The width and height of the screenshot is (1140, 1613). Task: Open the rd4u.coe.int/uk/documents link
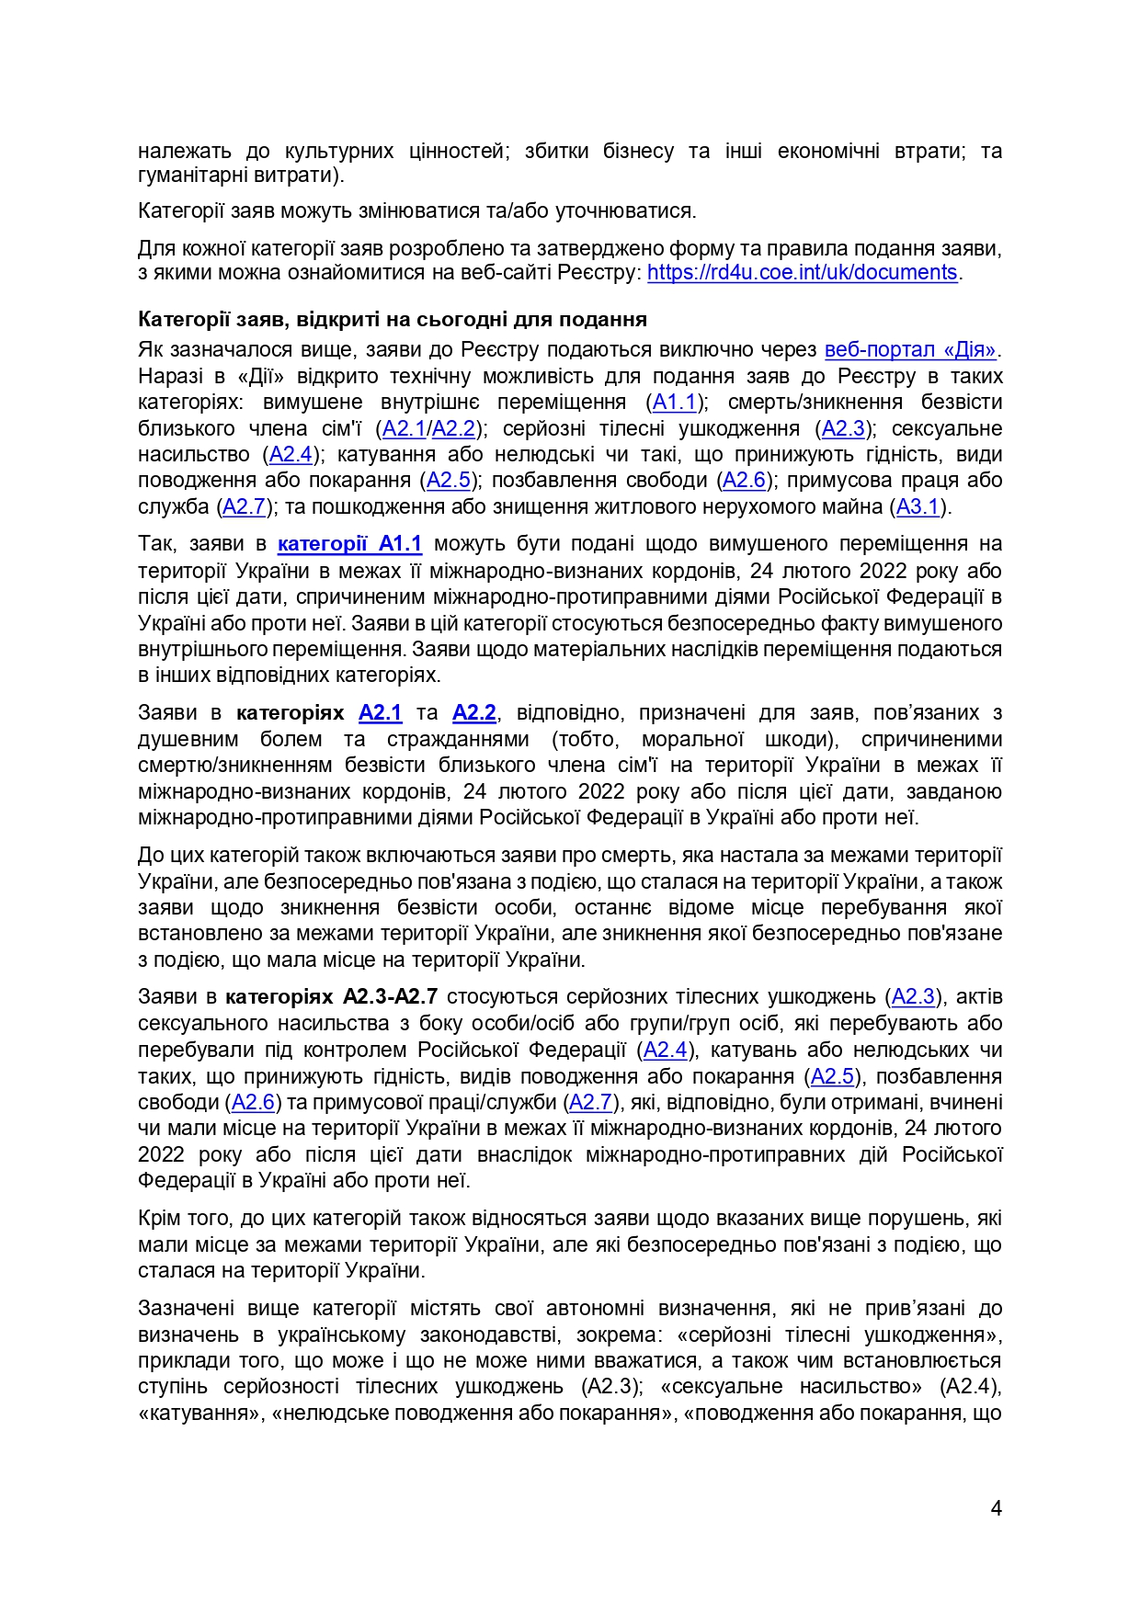pyautogui.click(x=802, y=273)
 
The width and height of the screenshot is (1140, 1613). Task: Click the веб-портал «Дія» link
pyautogui.click(x=910, y=350)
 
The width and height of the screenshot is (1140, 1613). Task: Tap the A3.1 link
pyautogui.click(x=918, y=506)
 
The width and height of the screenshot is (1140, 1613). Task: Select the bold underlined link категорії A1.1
pyautogui.click(x=349, y=544)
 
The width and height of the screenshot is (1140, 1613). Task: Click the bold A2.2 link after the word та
pyautogui.click(x=474, y=713)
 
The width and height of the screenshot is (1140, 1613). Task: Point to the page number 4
pyautogui.click(x=996, y=1508)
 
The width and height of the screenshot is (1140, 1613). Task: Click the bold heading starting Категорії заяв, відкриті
pyautogui.click(x=393, y=320)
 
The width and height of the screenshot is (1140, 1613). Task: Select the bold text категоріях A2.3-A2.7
pyautogui.click(x=331, y=997)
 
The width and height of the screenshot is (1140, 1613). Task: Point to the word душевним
pyautogui.click(x=188, y=740)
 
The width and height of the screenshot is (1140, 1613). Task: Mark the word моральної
pyautogui.click(x=692, y=740)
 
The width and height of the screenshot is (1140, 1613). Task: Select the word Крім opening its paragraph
pyautogui.click(x=158, y=1219)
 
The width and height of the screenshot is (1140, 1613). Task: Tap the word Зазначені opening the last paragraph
pyautogui.click(x=187, y=1309)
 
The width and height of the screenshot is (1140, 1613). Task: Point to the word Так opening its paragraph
pyautogui.click(x=155, y=544)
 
